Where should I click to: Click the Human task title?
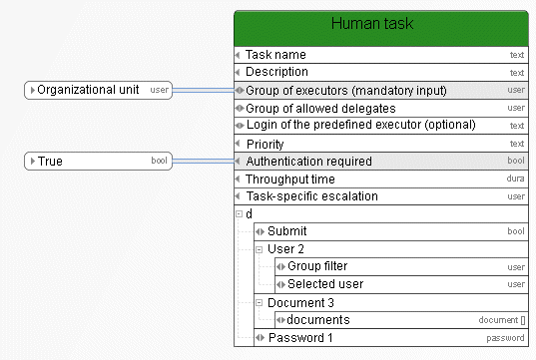point(372,24)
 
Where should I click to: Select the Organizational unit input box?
point(98,90)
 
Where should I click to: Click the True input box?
point(98,161)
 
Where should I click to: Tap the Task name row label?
point(275,55)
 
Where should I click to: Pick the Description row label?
point(276,72)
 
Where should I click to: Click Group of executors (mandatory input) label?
point(346,91)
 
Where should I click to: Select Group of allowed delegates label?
point(320,109)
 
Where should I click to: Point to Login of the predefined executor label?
point(361,125)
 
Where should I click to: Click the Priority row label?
point(266,145)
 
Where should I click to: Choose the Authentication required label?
point(309,162)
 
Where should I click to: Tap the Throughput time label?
point(290,179)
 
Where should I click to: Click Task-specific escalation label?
point(312,196)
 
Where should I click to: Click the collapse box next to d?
point(239,214)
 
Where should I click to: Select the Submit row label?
point(287,231)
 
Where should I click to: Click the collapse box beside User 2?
point(260,249)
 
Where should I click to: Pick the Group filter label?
point(317,266)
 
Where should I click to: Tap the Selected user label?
point(325,284)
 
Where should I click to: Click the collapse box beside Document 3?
point(260,302)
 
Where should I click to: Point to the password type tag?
point(505,338)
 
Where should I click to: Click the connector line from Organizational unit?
point(204,90)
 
